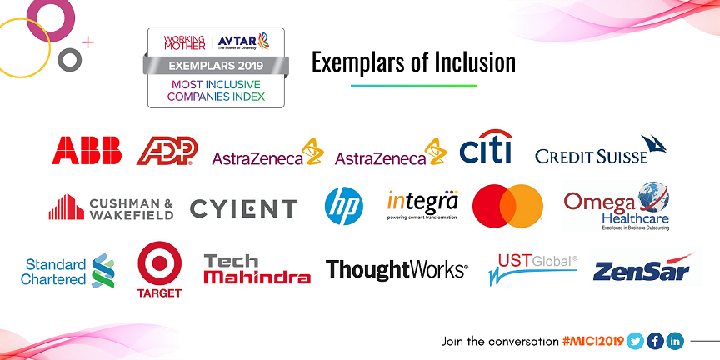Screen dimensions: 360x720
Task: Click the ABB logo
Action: pos(87,150)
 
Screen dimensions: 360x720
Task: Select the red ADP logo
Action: pos(167,151)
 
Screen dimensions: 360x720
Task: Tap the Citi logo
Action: pos(486,147)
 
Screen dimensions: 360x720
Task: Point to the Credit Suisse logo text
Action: pos(592,155)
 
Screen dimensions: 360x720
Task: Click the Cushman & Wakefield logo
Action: pos(111,207)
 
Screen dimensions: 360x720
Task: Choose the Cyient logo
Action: pos(243,208)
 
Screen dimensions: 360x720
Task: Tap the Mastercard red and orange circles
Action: pos(507,206)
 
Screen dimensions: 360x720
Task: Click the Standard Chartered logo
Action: pos(67,269)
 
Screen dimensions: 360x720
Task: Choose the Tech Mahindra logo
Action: pos(257,269)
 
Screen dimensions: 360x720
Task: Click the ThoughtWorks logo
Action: pos(397,269)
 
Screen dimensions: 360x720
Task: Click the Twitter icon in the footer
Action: pos(636,340)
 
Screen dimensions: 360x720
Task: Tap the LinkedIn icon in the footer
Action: pos(675,340)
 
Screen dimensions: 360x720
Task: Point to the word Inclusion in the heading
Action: pos(473,62)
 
